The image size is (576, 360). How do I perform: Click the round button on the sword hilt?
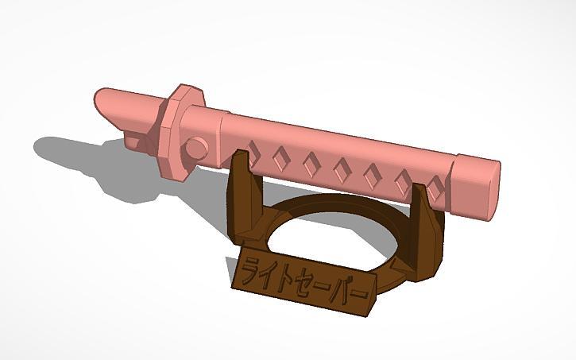coord(196,148)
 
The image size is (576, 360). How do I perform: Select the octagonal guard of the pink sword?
coord(178,132)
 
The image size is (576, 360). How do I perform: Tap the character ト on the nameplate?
coord(289,275)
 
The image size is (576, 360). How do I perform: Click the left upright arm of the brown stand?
coord(242,199)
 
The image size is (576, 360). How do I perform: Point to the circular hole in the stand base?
coord(334,238)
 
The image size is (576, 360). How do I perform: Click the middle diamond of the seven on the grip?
coord(342,168)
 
